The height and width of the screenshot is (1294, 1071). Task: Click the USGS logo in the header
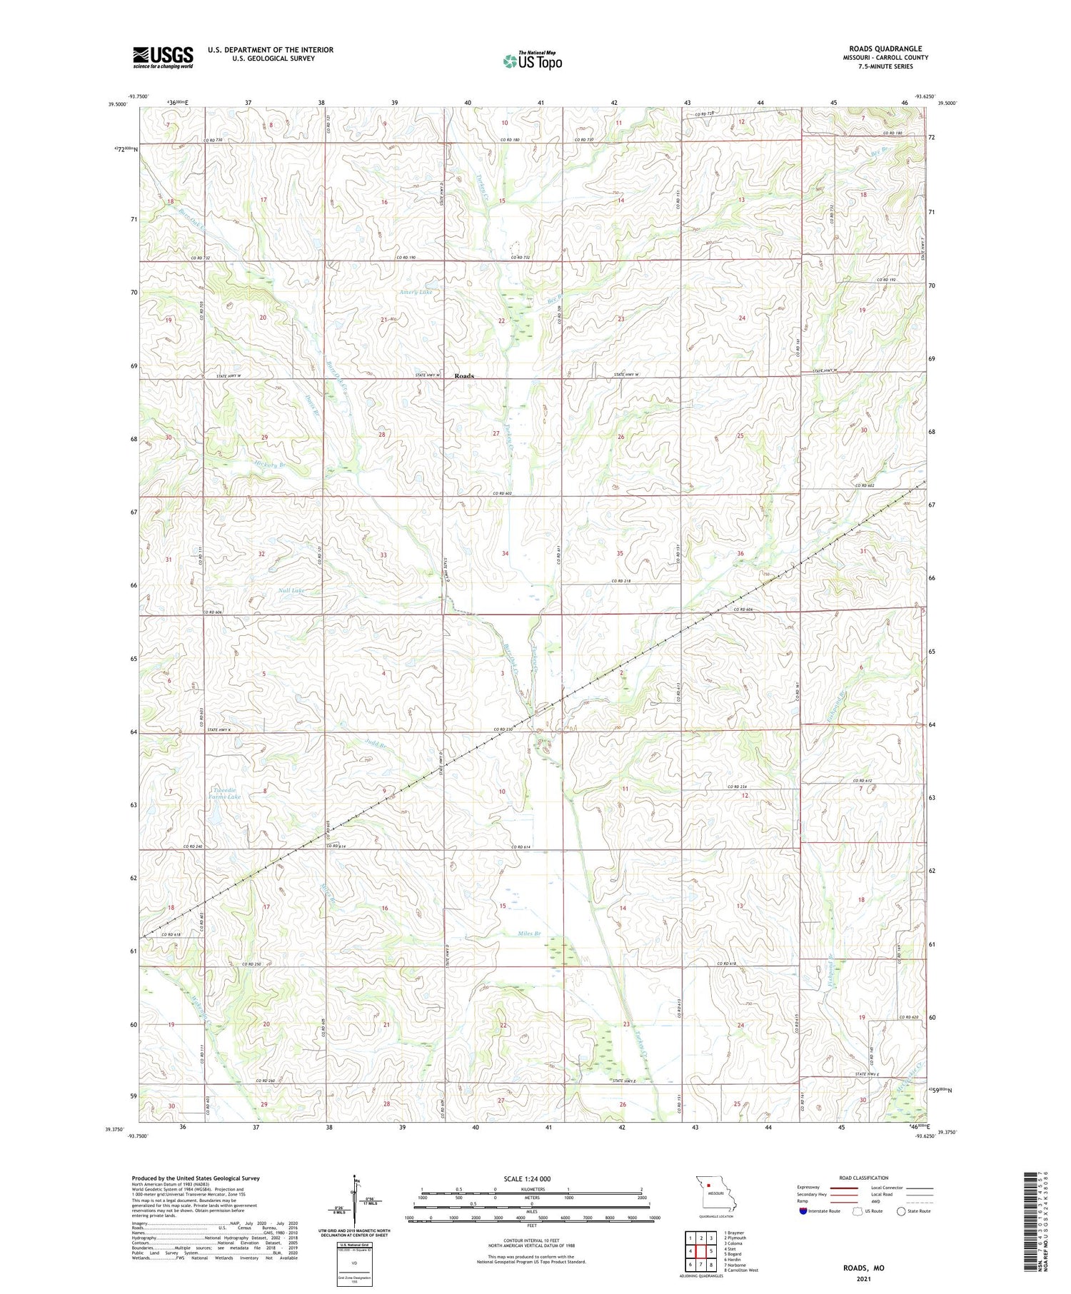tap(163, 57)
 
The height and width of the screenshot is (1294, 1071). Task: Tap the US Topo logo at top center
tap(533, 61)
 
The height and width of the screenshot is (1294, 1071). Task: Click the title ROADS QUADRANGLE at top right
tap(885, 49)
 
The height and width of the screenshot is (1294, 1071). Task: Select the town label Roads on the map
tap(464, 376)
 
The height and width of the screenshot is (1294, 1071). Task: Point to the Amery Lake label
tap(416, 293)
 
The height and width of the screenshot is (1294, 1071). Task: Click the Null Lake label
tap(291, 591)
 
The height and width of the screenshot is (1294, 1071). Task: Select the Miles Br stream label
tap(529, 934)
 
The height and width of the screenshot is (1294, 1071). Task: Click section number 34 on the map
tap(506, 553)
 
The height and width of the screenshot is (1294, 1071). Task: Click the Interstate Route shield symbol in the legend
tap(804, 1210)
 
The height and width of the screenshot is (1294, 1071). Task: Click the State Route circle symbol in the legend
tap(901, 1210)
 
